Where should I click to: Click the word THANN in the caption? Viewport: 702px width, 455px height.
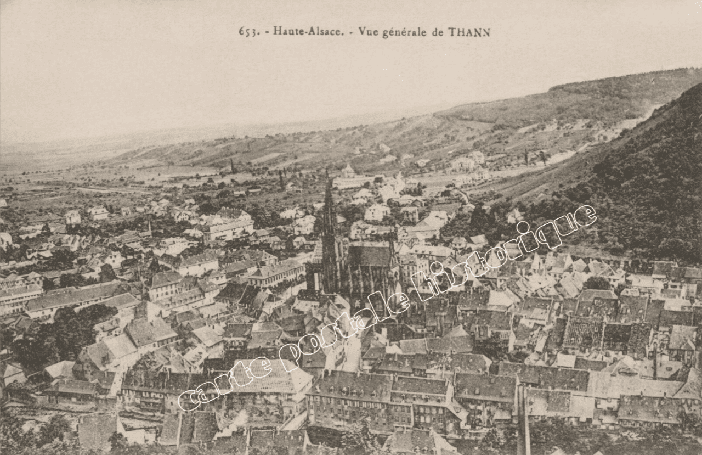click(x=469, y=32)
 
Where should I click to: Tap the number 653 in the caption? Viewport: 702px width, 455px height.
click(x=248, y=32)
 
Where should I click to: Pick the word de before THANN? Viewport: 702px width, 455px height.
click(x=438, y=32)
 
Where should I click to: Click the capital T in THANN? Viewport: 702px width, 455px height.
click(x=452, y=32)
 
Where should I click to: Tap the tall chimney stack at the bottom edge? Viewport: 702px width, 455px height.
click(x=523, y=417)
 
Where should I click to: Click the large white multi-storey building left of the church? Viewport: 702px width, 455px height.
click(x=228, y=229)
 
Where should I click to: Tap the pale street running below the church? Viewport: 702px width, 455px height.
click(x=352, y=351)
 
